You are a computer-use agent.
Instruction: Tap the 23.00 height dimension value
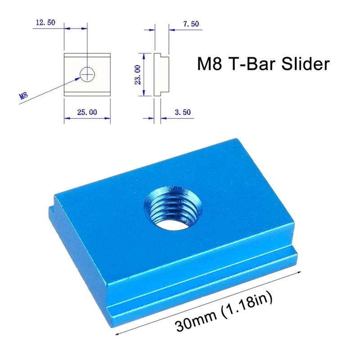(138, 74)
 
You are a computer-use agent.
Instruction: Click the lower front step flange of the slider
(202, 292)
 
